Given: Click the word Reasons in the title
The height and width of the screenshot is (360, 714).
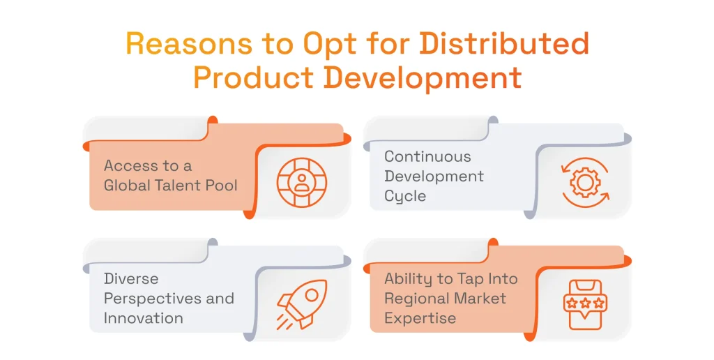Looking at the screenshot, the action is tap(189, 44).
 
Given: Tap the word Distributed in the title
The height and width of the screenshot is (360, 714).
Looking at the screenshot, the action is tap(504, 44).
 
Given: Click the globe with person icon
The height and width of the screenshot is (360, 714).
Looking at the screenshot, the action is tap(301, 182).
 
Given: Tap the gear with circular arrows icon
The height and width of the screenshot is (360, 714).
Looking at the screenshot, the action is tap(585, 182).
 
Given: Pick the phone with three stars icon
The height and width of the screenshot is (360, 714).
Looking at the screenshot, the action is tap(585, 304).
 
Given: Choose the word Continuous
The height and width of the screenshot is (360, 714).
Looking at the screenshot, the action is tap(427, 156).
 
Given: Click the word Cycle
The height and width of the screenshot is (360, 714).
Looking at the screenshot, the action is tap(405, 197).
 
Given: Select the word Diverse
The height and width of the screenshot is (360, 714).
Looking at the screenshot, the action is tap(131, 278).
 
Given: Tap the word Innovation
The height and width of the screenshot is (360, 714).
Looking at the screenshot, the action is tap(144, 318).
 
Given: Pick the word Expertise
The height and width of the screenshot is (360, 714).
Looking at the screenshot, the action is tap(420, 319).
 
